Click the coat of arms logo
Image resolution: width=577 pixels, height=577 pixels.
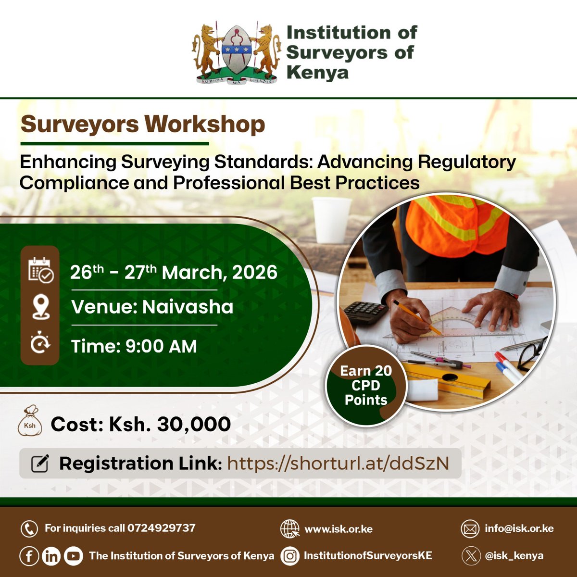(x=236, y=52)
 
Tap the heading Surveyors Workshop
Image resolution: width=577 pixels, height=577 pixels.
(x=143, y=124)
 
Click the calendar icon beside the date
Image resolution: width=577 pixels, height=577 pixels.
(x=40, y=270)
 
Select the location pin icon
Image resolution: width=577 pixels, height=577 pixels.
(x=40, y=307)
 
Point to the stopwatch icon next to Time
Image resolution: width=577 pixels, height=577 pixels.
(x=40, y=344)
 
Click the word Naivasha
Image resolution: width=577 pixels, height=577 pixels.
(x=188, y=307)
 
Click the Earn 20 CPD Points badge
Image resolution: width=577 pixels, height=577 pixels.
(x=366, y=385)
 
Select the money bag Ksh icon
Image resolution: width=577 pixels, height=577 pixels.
(x=30, y=423)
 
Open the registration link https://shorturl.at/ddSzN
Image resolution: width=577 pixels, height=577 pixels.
(x=338, y=464)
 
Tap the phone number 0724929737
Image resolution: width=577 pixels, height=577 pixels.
(x=162, y=528)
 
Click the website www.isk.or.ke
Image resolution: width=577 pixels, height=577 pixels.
(x=339, y=529)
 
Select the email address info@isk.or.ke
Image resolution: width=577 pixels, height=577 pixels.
(x=519, y=528)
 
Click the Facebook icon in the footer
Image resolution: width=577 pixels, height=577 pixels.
(x=29, y=556)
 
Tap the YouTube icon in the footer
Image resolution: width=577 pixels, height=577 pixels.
(x=73, y=556)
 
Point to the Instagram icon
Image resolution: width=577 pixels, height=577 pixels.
(x=290, y=556)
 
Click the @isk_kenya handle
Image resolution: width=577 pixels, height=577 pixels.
(x=514, y=556)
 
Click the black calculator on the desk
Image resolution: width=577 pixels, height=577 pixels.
(x=366, y=312)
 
